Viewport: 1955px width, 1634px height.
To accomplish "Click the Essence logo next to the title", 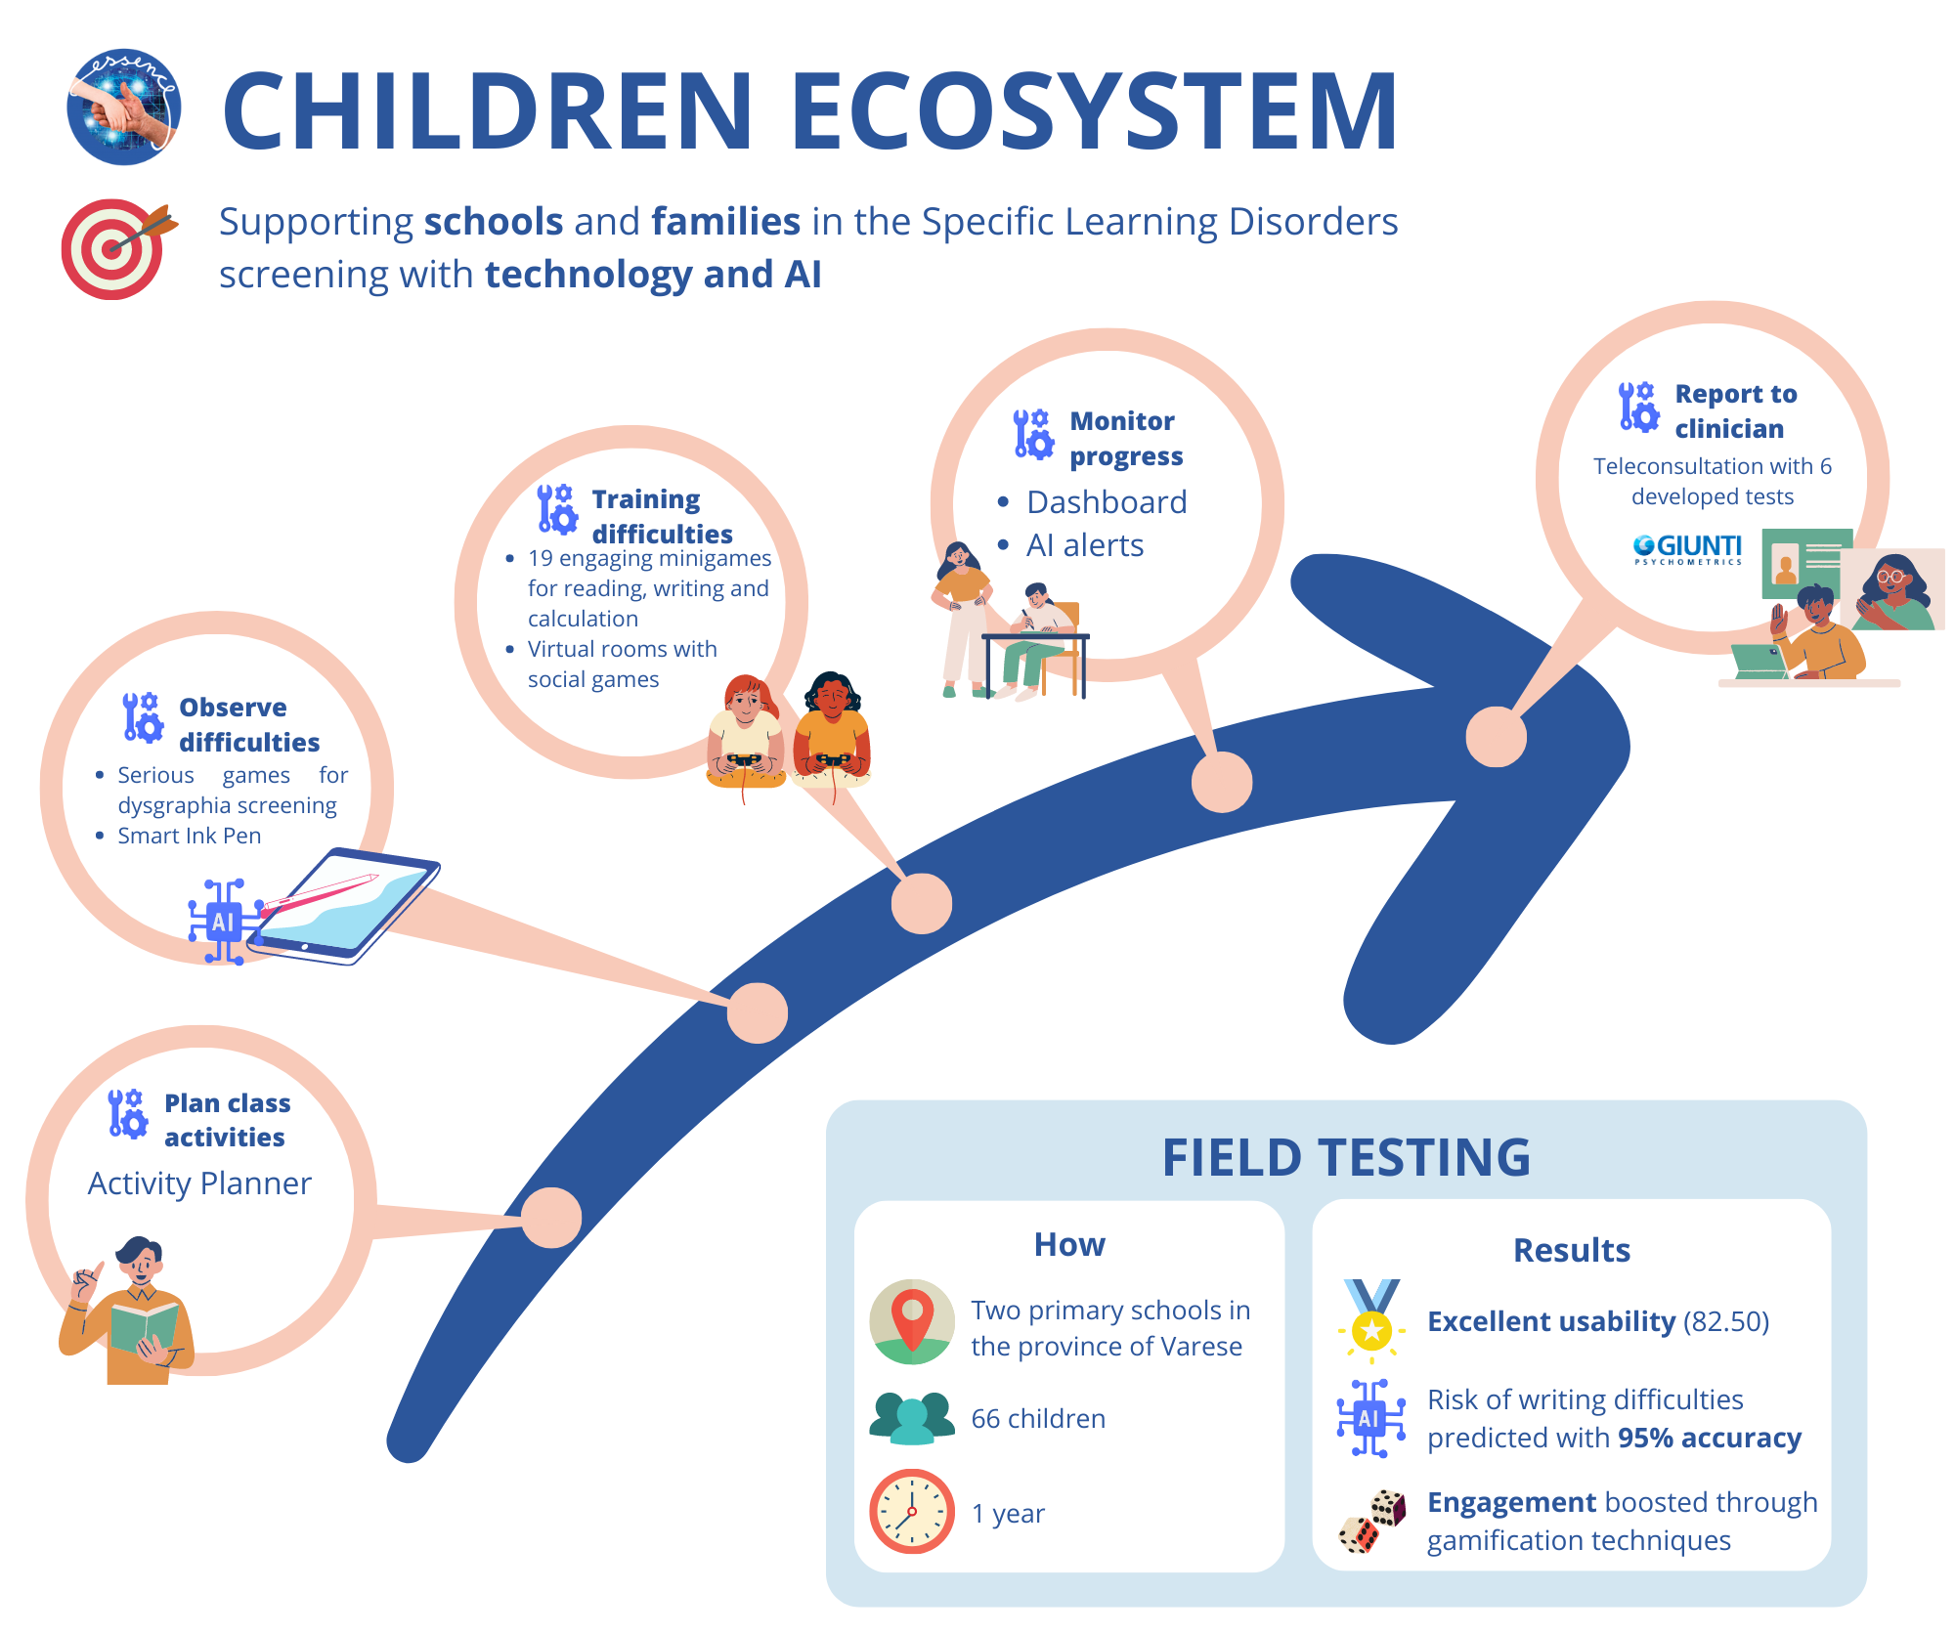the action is (123, 107).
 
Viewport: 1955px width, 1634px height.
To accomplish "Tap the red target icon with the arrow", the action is (117, 248).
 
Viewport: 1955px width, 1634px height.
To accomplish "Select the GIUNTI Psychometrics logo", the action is (1687, 549).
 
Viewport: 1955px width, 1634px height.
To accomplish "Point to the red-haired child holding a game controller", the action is (746, 732).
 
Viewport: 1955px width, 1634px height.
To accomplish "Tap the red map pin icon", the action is (912, 1321).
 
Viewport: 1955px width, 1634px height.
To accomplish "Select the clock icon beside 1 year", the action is (912, 1511).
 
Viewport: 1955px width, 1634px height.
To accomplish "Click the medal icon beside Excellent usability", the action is (1372, 1320).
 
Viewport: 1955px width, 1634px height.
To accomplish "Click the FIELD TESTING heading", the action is (1346, 1157).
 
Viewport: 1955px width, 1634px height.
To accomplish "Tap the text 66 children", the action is (1038, 1418).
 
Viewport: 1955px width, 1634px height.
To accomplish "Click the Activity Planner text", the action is (199, 1183).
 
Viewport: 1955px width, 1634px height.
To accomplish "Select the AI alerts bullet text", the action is (1085, 545).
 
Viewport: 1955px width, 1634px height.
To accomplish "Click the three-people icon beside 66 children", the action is (912, 1418).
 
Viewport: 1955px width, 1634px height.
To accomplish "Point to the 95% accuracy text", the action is (1710, 1438).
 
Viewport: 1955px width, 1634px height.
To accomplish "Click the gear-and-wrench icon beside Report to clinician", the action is (1638, 407).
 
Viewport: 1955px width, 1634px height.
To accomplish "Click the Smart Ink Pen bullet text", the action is (190, 836).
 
